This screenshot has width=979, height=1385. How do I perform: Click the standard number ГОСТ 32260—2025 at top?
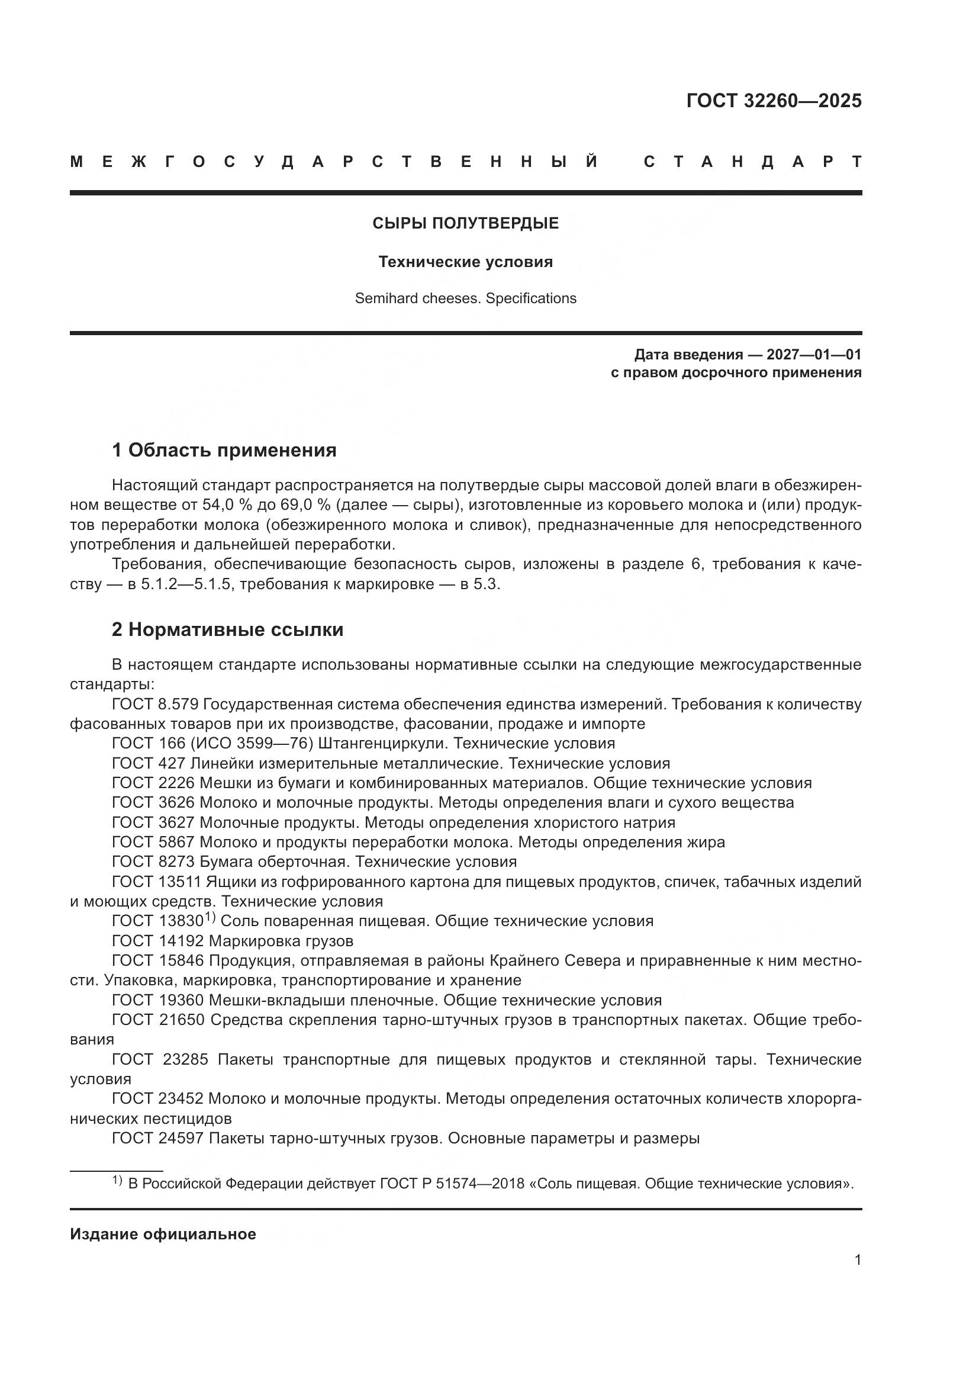pos(774,101)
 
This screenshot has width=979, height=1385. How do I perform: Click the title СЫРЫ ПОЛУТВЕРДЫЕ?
pos(465,224)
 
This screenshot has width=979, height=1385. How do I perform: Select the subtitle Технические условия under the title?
pos(465,262)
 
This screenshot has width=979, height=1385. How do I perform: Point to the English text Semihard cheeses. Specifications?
pos(465,298)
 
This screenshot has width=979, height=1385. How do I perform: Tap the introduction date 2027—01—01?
pos(814,355)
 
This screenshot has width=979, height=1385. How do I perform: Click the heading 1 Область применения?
pos(224,450)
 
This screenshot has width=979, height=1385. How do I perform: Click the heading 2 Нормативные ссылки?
pos(228,630)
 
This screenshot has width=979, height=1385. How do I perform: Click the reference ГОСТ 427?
pos(149,764)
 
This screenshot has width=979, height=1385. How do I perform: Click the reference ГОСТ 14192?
pos(158,941)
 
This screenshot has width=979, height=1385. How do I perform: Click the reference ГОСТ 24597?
pos(158,1139)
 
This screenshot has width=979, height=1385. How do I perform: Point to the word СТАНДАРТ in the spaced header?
pos(752,162)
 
